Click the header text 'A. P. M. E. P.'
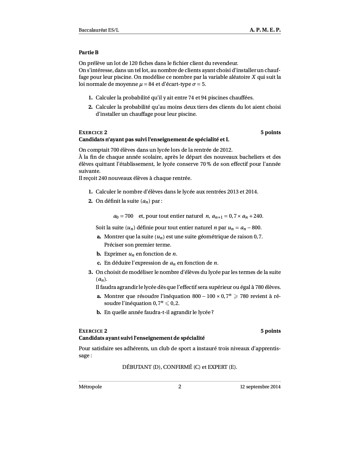pyautogui.click(x=265, y=30)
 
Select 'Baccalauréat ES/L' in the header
pyautogui.click(x=99, y=30)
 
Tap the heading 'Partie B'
pyautogui.click(x=89, y=53)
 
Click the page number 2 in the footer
pyautogui.click(x=180, y=386)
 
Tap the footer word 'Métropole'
pyautogui.click(x=90, y=387)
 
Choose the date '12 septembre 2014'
pyautogui.click(x=260, y=387)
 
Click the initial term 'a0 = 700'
pyautogui.click(x=123, y=216)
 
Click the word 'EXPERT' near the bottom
pyautogui.click(x=217, y=367)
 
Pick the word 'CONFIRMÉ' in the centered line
pyautogui.click(x=178, y=367)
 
